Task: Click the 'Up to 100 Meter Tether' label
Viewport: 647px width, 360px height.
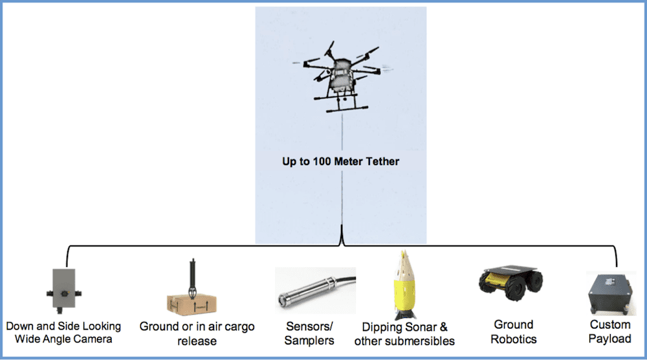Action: tap(340, 161)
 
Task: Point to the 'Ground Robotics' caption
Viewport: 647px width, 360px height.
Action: tap(513, 332)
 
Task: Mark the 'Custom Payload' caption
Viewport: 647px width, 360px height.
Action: tap(610, 332)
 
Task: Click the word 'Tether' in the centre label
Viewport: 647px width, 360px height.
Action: tap(384, 161)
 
